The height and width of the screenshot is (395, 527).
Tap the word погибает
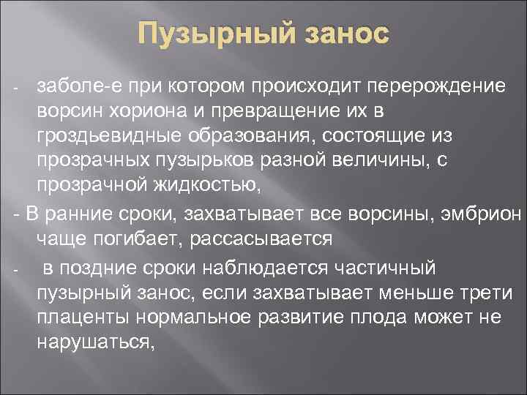tap(124, 238)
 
